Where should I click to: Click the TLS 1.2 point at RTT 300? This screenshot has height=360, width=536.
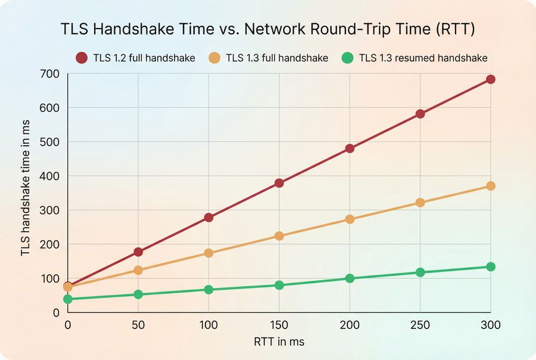491,79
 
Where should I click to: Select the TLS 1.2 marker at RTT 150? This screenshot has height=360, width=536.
279,183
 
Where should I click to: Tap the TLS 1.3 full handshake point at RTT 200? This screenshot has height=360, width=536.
350,219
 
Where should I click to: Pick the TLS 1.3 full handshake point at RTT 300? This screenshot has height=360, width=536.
491,186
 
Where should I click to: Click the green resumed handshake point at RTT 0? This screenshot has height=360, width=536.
68,299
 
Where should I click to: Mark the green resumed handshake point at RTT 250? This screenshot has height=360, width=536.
420,272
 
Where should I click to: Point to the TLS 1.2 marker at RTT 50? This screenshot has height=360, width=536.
138,252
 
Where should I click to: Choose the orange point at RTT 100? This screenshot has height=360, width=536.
208,253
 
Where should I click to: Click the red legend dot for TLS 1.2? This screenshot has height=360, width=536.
82,58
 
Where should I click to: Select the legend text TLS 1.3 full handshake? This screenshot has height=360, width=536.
277,58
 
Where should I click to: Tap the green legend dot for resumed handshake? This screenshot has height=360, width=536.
348,58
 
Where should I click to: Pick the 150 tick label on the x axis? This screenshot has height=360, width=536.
279,325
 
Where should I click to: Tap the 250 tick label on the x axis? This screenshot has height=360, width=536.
420,325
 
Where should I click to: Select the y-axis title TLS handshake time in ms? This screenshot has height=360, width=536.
26,193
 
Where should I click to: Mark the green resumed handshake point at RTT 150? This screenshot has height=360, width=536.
279,285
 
